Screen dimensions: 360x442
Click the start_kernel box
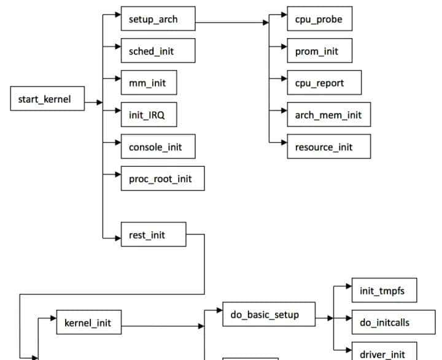point(47,99)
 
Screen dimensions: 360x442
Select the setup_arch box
point(158,19)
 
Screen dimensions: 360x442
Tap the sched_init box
point(158,51)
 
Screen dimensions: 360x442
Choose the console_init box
point(158,147)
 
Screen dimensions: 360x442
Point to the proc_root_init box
point(162,178)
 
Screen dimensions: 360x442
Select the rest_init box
point(153,234)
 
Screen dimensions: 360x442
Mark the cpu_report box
point(324,83)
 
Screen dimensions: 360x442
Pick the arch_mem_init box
point(328,115)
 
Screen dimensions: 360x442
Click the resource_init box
point(324,147)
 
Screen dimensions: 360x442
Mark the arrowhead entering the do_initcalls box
point(348,318)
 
